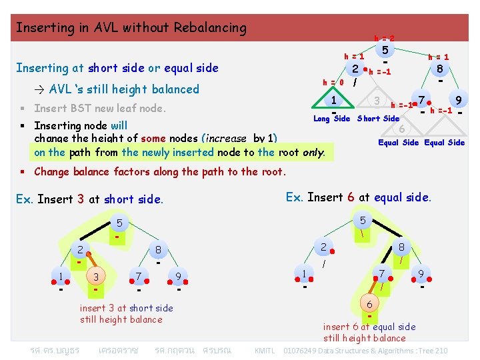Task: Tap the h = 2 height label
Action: (383, 39)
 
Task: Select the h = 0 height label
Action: (333, 83)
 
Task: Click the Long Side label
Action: (331, 119)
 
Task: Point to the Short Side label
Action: (378, 119)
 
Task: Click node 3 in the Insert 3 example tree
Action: (96, 277)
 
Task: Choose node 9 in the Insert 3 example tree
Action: (178, 276)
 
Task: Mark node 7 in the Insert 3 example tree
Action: (138, 276)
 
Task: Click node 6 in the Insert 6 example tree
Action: (369, 304)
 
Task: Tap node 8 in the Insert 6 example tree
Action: (401, 247)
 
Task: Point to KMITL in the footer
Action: (264, 351)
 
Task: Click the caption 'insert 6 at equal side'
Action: (369, 327)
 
